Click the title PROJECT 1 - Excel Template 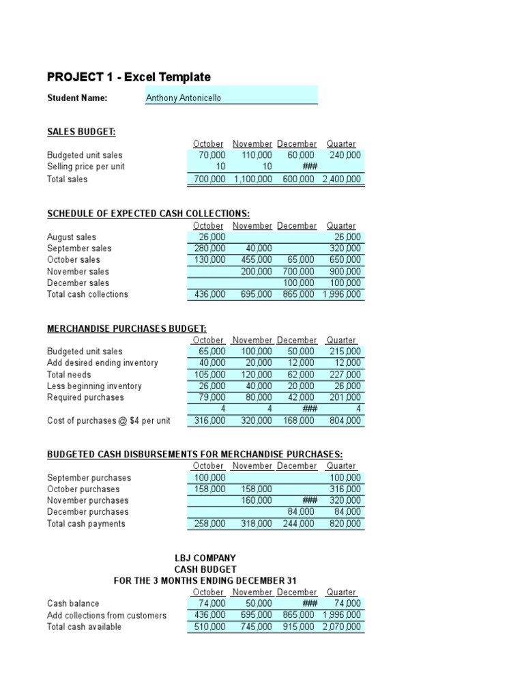pyautogui.click(x=128, y=77)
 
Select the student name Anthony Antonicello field pyautogui.click(x=231, y=98)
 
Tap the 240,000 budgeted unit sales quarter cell pyautogui.click(x=345, y=156)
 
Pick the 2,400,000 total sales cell pyautogui.click(x=342, y=180)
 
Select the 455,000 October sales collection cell pyautogui.click(x=257, y=260)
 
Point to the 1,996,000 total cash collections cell pyautogui.click(x=342, y=295)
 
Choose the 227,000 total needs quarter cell pyautogui.click(x=345, y=375)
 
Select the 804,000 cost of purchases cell pyautogui.click(x=345, y=421)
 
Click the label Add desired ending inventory pyautogui.click(x=102, y=363)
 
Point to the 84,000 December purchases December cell pyautogui.click(x=300, y=512)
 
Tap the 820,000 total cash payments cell pyautogui.click(x=345, y=524)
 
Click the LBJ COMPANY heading pyautogui.click(x=205, y=558)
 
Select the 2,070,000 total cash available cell pyautogui.click(x=342, y=627)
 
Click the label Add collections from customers pyautogui.click(x=106, y=616)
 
